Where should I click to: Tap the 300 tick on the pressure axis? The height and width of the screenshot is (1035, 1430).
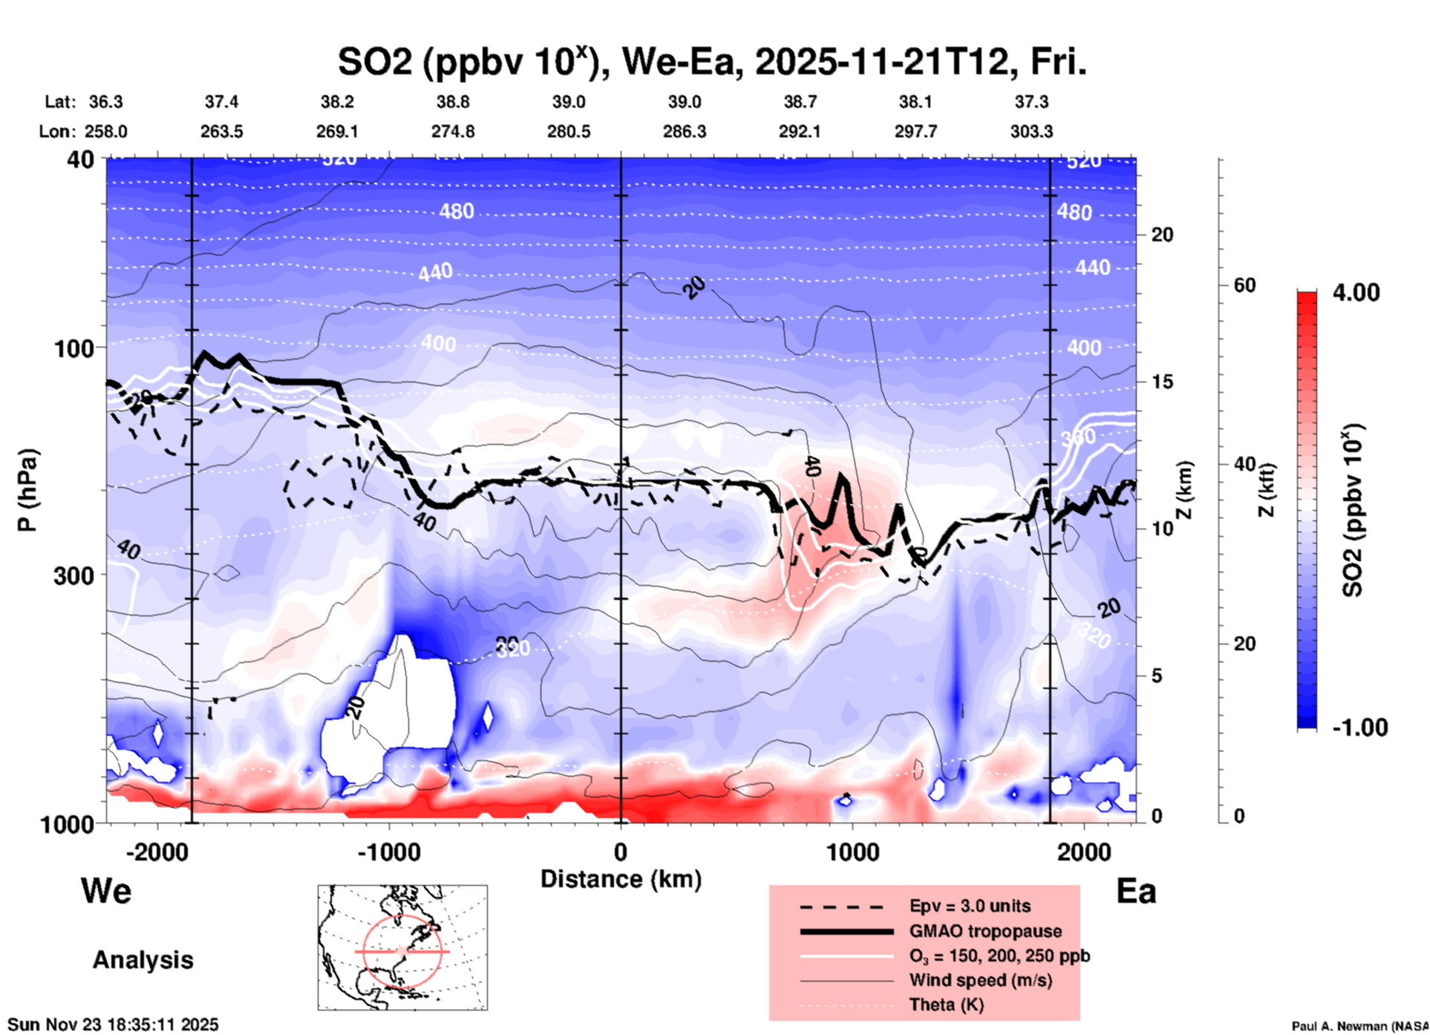[x=74, y=575]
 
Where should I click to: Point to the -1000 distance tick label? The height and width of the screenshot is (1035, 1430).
[x=388, y=852]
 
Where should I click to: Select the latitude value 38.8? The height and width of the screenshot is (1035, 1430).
[x=452, y=102]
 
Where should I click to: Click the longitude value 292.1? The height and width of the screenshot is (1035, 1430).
[x=800, y=131]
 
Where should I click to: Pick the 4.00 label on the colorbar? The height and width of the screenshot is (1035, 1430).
[x=1356, y=293]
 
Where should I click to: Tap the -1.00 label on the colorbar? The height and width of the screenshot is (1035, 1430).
[x=1359, y=728]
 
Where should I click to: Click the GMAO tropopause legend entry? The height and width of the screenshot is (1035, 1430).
[x=985, y=931]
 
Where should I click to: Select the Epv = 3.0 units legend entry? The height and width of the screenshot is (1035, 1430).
[x=970, y=906]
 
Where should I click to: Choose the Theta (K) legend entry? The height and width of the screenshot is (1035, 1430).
[x=946, y=1005]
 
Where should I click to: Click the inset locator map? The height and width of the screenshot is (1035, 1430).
[x=402, y=947]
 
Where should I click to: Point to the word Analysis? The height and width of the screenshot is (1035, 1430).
[x=143, y=960]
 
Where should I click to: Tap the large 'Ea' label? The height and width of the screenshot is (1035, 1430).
[x=1136, y=892]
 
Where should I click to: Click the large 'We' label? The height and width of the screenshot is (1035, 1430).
[x=106, y=890]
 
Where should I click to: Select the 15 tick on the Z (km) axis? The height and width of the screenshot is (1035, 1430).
[x=1162, y=382]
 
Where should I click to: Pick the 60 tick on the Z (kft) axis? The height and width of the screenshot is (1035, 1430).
[x=1244, y=285]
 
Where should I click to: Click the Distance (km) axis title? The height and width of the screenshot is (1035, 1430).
[x=621, y=879]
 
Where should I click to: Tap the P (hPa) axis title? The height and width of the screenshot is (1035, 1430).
[x=27, y=490]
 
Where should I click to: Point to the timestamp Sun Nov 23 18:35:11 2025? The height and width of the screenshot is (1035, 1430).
[x=114, y=1025]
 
